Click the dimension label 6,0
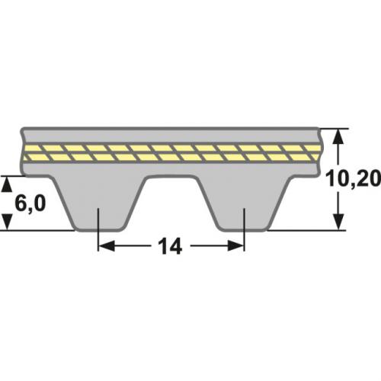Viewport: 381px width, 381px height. coord(29,203)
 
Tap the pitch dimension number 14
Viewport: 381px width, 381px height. coord(171,247)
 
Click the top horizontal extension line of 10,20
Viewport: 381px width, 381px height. coord(331,127)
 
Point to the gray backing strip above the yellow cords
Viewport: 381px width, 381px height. coord(171,134)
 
